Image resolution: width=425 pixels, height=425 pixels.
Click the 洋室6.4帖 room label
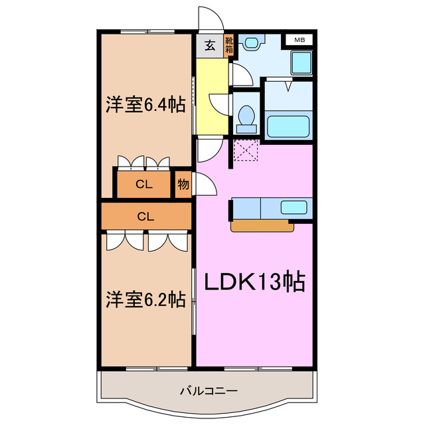click(145, 104)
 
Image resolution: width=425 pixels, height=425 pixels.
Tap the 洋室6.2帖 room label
click(145, 299)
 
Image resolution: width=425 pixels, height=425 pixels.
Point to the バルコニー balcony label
click(208, 390)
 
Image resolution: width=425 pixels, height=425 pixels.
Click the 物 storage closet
click(183, 185)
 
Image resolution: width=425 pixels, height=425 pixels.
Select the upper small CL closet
click(144, 185)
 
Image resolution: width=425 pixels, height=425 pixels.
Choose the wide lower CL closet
click(146, 216)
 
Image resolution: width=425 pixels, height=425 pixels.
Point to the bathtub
click(288, 126)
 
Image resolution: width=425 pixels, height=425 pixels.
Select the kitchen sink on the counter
click(292, 207)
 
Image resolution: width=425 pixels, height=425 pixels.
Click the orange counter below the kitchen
click(262, 226)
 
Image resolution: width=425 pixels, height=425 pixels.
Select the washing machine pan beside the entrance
click(250, 44)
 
